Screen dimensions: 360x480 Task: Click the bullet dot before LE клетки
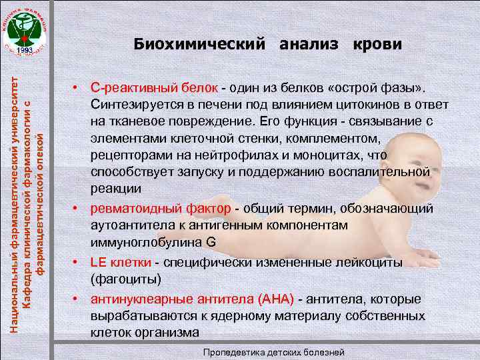pos(77,263)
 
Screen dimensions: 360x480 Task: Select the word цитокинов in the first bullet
pos(364,106)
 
